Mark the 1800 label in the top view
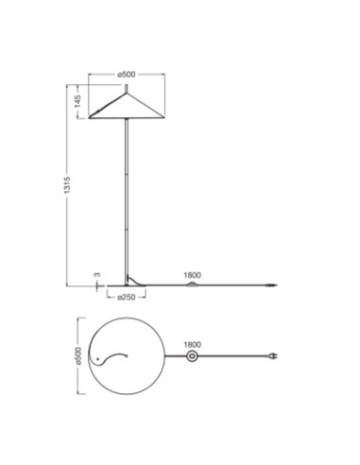pos(193,345)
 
